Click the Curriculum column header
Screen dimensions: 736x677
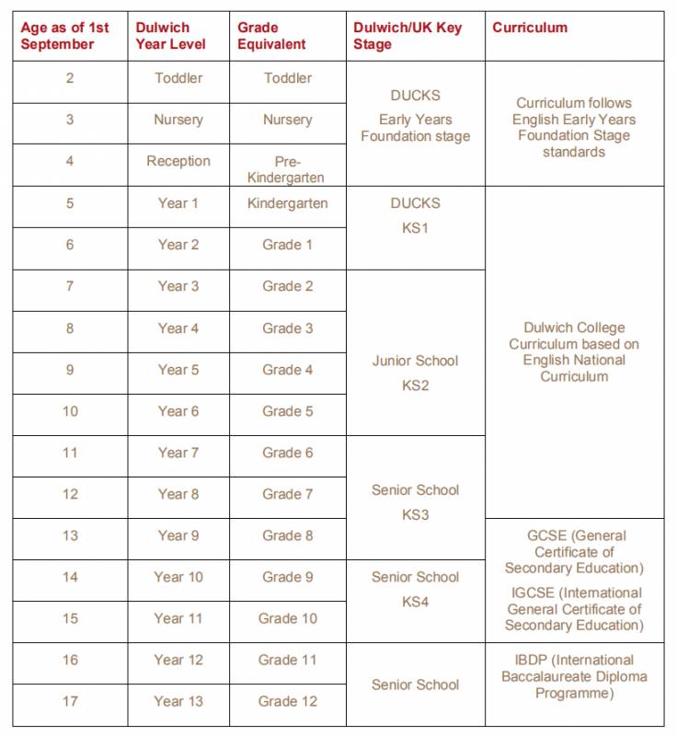(x=530, y=28)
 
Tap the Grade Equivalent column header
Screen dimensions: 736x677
(x=272, y=36)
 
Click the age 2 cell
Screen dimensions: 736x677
(x=70, y=78)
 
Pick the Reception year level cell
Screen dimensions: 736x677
(x=178, y=161)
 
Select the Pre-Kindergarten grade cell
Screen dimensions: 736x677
(x=287, y=169)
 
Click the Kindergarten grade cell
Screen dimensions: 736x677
(x=287, y=203)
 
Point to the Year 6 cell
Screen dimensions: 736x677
(x=178, y=411)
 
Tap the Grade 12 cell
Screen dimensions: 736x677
(x=287, y=701)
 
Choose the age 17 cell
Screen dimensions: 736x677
(x=70, y=701)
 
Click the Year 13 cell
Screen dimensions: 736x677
(x=178, y=701)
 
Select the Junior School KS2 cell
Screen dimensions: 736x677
(x=415, y=373)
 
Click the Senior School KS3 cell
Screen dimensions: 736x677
(x=415, y=501)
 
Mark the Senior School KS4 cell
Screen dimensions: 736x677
(x=415, y=589)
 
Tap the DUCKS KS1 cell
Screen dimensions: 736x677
(x=415, y=215)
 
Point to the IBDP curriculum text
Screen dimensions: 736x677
(x=574, y=676)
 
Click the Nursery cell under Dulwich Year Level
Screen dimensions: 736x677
(x=178, y=120)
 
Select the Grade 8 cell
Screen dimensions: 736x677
(x=287, y=535)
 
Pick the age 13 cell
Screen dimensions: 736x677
(x=70, y=535)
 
